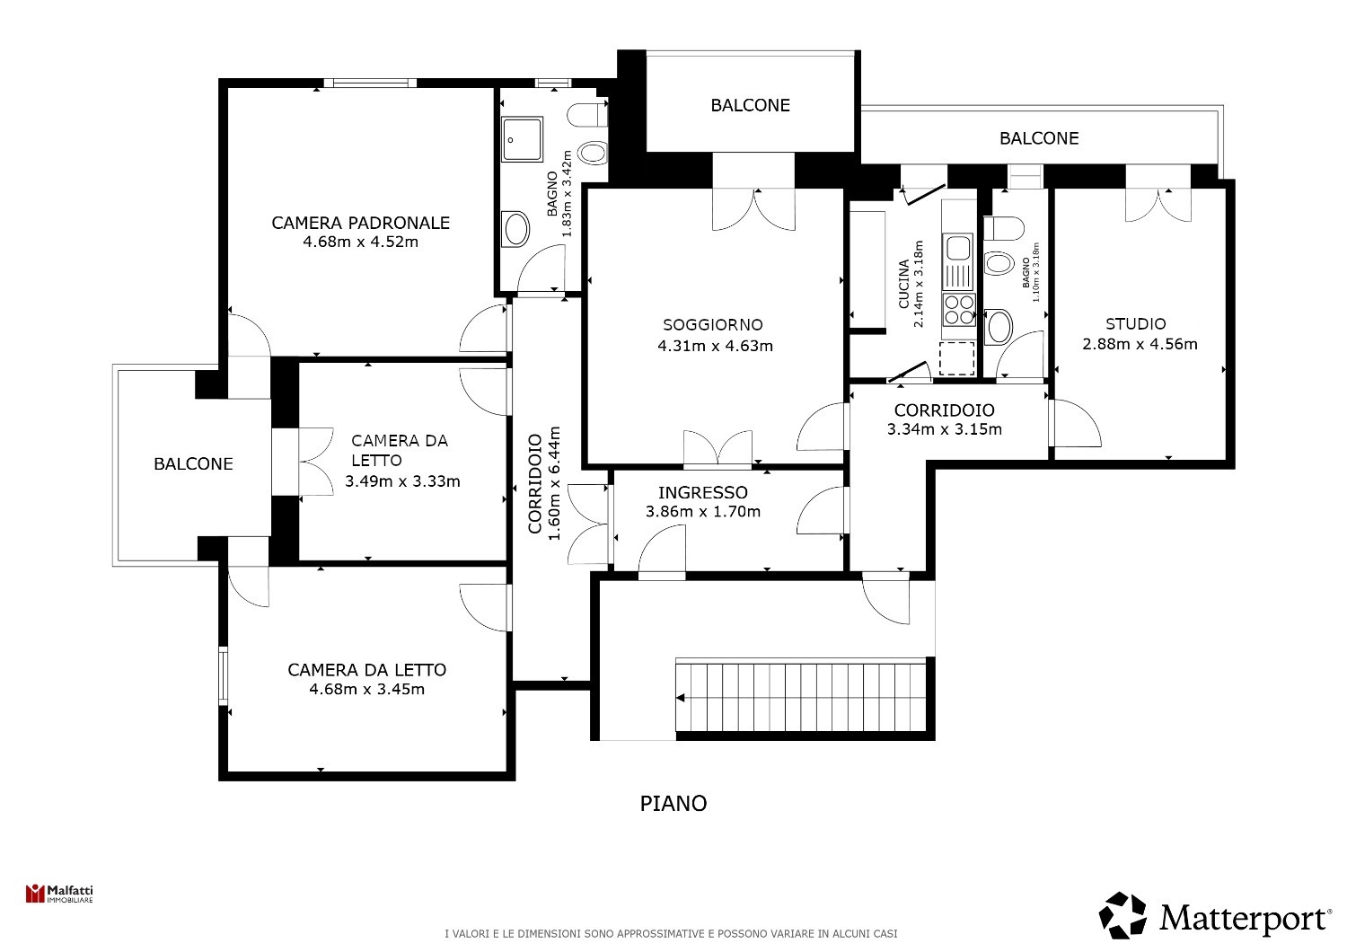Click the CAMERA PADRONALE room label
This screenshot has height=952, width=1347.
tap(361, 223)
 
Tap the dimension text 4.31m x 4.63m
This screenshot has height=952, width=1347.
tap(715, 346)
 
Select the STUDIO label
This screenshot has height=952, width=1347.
tap(1136, 324)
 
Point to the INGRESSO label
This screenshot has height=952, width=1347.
tap(703, 492)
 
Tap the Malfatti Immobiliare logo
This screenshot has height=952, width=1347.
tap(59, 894)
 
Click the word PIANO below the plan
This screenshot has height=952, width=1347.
tap(673, 804)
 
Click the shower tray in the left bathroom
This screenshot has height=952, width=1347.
tap(522, 139)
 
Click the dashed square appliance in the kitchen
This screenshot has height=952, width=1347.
tap(956, 358)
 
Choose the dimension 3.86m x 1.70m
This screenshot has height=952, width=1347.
tap(703, 512)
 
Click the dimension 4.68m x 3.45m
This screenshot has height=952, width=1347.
tap(366, 689)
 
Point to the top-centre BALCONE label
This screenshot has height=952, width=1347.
tap(751, 105)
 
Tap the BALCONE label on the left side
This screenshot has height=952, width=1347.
tap(193, 463)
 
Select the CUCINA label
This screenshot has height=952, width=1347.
tap(903, 284)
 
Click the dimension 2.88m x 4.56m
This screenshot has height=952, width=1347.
tap(1140, 344)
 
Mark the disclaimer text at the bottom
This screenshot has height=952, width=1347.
tap(671, 933)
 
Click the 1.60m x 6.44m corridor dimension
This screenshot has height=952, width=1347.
tap(554, 483)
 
